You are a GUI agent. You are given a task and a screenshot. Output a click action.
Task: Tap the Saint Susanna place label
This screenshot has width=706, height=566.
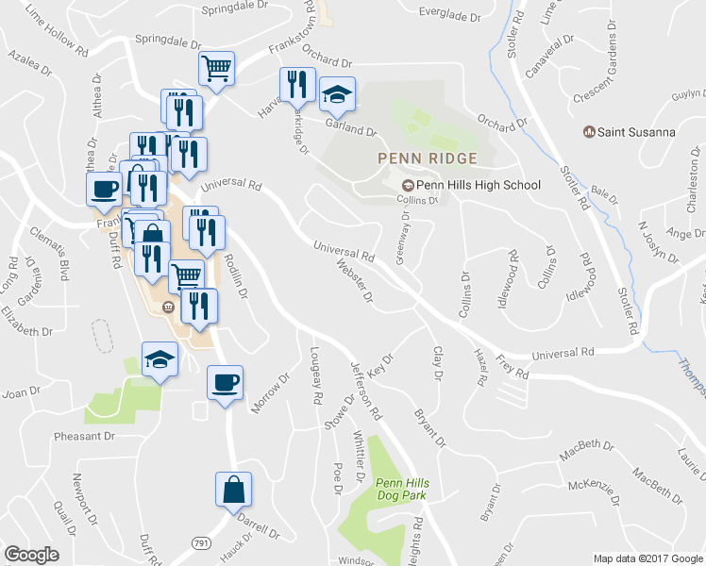pos(635,132)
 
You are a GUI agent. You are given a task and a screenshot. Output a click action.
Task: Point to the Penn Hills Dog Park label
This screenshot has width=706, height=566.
pos(401,490)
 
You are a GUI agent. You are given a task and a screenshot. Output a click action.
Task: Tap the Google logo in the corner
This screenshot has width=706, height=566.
pos(31,555)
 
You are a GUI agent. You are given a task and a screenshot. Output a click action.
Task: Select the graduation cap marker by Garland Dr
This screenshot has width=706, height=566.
pos(336,94)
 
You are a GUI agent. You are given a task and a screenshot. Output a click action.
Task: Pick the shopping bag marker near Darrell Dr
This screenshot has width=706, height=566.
pos(233,490)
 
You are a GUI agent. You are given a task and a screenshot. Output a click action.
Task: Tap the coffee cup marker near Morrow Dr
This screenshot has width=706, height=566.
pos(225,382)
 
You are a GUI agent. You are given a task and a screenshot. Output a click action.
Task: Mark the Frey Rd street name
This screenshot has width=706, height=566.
pos(512,367)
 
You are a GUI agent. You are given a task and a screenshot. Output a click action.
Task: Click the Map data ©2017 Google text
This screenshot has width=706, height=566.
pos(647,558)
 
